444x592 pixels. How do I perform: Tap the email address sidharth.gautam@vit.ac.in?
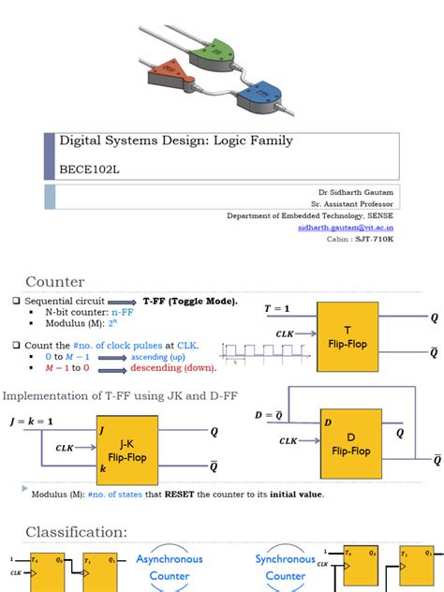(x=346, y=227)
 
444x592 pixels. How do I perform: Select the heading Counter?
(x=54, y=281)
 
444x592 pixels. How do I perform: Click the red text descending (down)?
(x=164, y=368)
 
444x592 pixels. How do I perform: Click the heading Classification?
(x=76, y=532)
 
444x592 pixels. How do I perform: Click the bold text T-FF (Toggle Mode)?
(x=190, y=301)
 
